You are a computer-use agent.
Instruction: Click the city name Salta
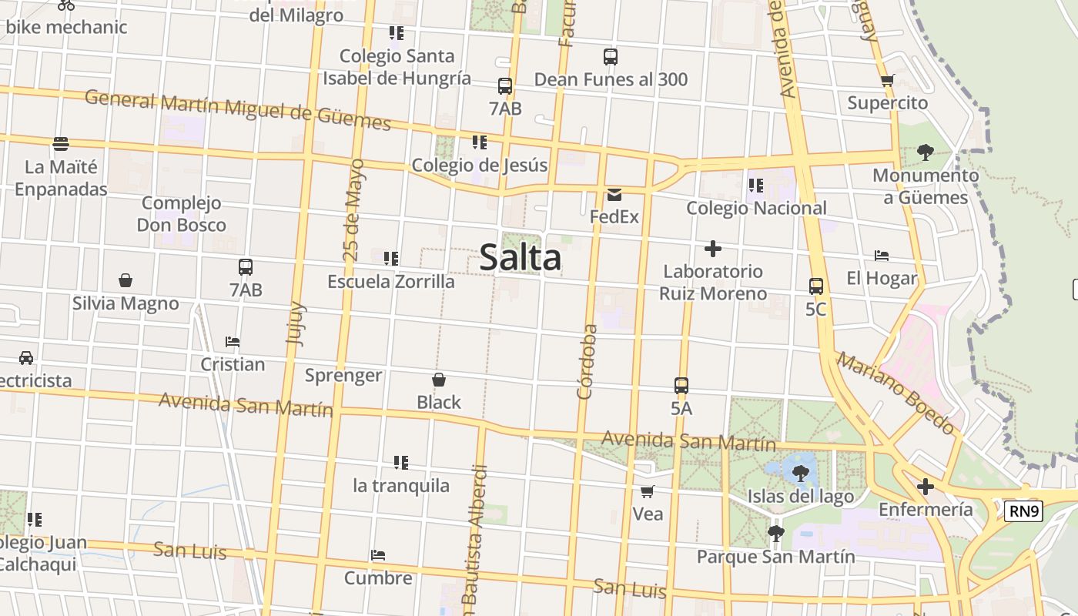click(521, 257)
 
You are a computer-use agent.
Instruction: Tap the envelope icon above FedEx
click(614, 194)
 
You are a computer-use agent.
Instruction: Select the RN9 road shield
click(1023, 511)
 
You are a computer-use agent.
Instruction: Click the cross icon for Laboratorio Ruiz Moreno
click(713, 249)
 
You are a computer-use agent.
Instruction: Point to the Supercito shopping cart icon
click(887, 80)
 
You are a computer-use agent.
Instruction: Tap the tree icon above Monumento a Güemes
click(926, 152)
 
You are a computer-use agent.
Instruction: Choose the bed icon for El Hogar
click(882, 256)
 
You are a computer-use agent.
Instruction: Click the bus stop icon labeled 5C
click(816, 286)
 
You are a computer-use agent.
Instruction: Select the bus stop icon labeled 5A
click(681, 386)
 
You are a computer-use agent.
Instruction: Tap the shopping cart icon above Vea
click(648, 491)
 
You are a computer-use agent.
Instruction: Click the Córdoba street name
click(588, 362)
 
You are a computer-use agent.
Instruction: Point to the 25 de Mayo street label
click(353, 210)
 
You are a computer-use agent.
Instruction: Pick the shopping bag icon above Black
click(439, 380)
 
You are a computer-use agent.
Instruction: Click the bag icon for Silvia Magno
click(126, 280)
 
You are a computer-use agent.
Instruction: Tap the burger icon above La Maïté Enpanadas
click(61, 144)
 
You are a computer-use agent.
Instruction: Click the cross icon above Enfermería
click(926, 487)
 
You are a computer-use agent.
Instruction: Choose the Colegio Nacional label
click(756, 208)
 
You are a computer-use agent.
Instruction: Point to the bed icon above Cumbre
click(377, 555)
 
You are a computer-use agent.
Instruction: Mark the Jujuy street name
click(296, 323)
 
